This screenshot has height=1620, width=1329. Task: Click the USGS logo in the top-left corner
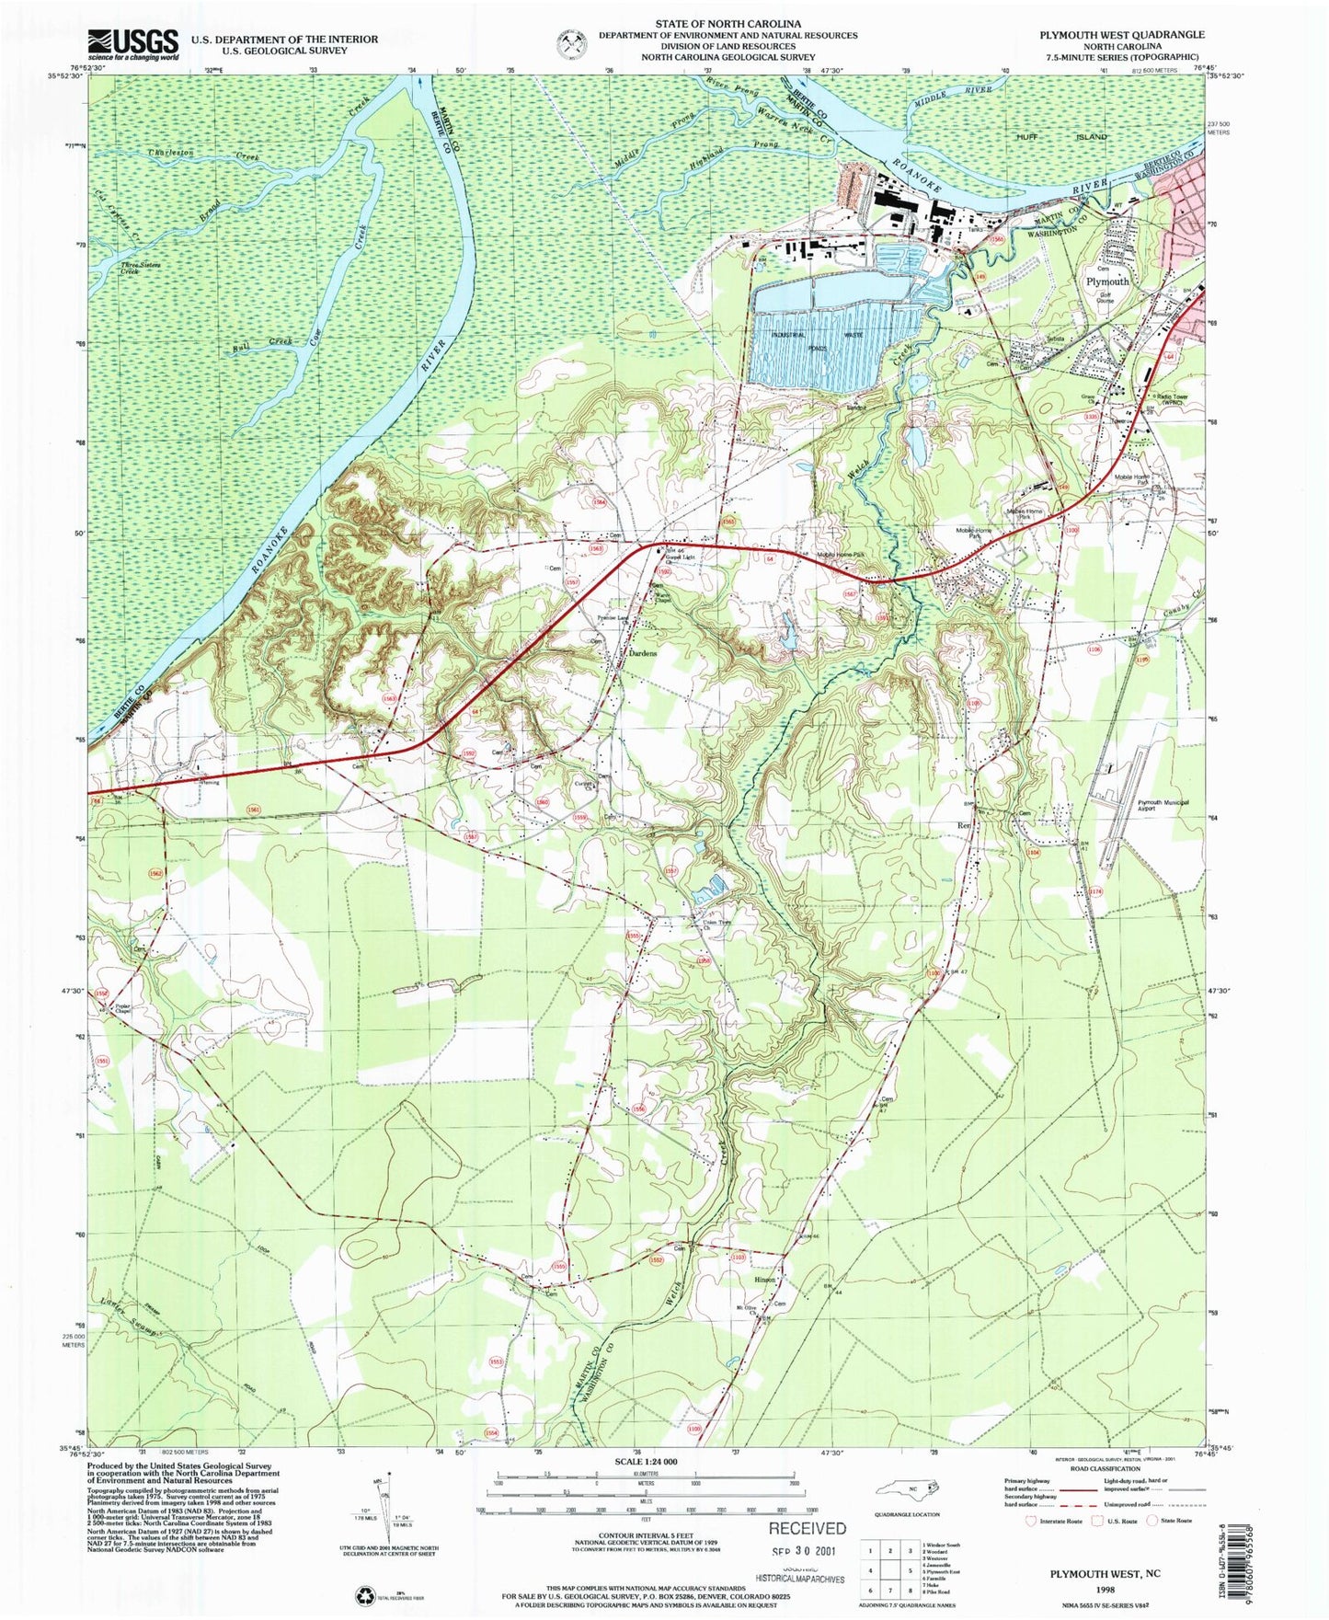(132, 43)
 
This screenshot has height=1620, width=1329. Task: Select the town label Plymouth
(1107, 281)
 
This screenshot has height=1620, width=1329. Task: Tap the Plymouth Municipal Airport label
(1163, 807)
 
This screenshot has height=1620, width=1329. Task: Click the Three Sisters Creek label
(142, 269)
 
